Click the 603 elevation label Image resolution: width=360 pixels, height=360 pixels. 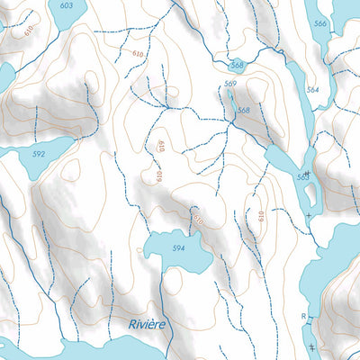click(66, 5)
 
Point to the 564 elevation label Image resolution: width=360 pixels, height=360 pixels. click(312, 90)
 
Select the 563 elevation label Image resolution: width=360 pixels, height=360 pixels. click(302, 177)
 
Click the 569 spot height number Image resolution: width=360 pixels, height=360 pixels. click(230, 85)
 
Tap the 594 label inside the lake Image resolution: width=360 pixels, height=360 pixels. click(178, 248)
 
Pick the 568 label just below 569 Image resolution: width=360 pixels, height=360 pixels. click(243, 111)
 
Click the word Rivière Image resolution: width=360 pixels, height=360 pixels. click(147, 323)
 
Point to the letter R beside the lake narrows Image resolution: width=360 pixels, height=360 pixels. click(304, 317)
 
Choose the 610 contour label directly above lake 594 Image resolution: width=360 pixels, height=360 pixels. click(198, 219)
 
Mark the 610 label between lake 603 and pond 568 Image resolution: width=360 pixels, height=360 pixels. click(137, 54)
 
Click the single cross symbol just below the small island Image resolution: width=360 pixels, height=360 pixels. click(309, 216)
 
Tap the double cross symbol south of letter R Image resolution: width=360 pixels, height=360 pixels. click(312, 347)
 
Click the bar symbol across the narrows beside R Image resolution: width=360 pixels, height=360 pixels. click(311, 323)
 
